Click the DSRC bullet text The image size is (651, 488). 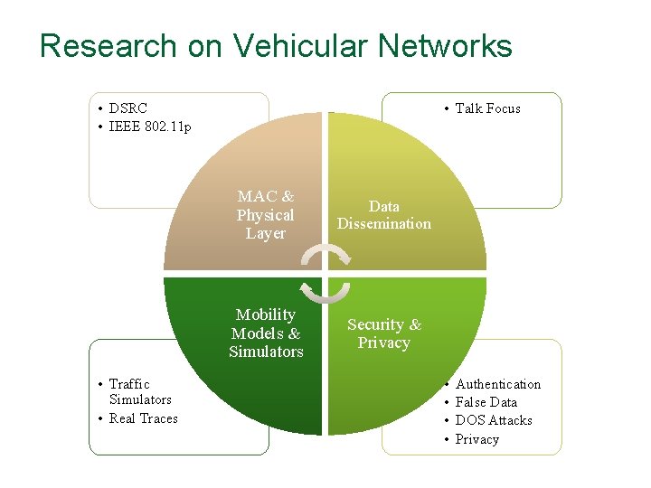(127, 108)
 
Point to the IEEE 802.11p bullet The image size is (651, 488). (150, 127)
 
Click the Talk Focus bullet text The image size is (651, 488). (487, 108)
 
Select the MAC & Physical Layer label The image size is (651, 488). (266, 215)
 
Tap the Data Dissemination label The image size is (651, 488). (384, 215)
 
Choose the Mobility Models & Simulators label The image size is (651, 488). (266, 333)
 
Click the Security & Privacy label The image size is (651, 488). (384, 333)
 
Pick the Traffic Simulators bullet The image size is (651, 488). (138, 392)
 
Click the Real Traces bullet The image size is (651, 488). (143, 418)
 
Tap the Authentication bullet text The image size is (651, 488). (498, 384)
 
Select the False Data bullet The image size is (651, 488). (486, 402)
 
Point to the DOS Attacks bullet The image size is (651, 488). (494, 420)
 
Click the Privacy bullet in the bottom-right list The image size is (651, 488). (477, 439)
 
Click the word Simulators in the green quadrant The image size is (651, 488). (266, 352)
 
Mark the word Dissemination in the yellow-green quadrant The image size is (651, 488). (384, 224)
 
